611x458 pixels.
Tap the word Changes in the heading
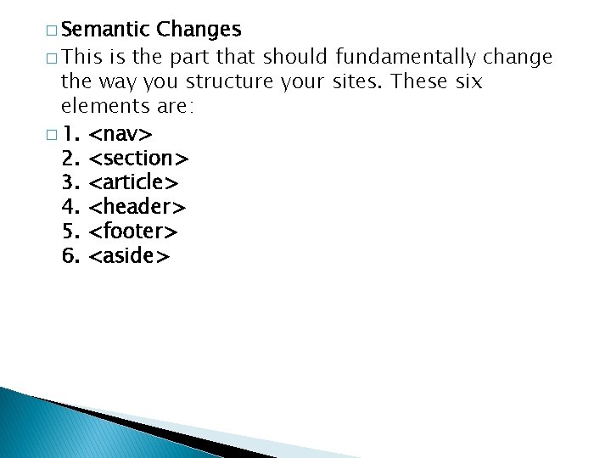pyautogui.click(x=199, y=30)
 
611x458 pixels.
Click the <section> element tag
pyautogui.click(x=139, y=158)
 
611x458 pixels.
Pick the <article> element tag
pyautogui.click(x=133, y=182)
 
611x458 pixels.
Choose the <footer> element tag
pyautogui.click(x=133, y=231)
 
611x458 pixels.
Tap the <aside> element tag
pyautogui.click(x=130, y=255)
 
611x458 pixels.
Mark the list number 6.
pyautogui.click(x=70, y=255)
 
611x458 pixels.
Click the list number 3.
pyautogui.click(x=70, y=182)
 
